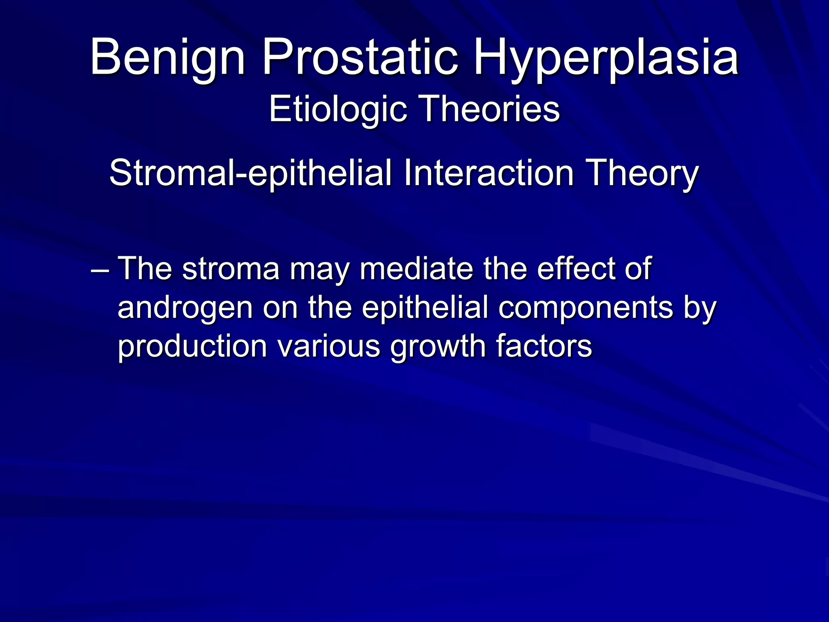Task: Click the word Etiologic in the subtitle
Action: pos(338,109)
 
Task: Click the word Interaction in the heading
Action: pos(489,173)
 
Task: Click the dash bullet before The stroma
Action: pos(100,269)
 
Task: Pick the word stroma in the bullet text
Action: pos(231,268)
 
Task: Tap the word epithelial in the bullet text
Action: pos(425,308)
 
